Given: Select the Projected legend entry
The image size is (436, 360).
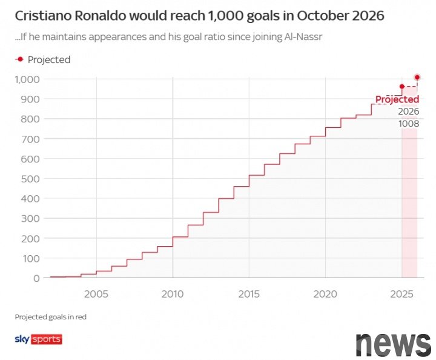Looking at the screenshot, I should coord(43,59).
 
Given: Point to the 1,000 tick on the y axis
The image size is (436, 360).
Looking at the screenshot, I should coord(27,79).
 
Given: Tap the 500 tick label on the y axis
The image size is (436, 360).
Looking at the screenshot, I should coord(31,179).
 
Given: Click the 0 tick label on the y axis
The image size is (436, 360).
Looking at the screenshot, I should coord(36,278).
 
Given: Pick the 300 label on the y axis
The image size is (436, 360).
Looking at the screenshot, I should coord(31,218).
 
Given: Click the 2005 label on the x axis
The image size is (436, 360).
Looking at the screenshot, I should coord(96,294).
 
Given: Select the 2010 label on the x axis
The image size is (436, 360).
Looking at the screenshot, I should coord(173,294).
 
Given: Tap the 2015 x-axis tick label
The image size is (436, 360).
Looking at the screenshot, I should coord(249,294).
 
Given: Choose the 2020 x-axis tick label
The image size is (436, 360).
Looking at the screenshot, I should coord(325,294).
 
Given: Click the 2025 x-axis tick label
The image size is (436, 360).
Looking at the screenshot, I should coord(401,294).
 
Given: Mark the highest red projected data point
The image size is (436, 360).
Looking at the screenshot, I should coord(417,78).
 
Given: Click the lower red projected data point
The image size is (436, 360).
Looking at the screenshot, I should coord(401,87).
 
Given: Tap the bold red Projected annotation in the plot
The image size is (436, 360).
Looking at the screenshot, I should coord(397,99).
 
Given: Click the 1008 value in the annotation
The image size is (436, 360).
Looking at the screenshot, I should coord(408,124).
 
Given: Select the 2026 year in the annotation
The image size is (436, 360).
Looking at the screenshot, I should coord(408,112).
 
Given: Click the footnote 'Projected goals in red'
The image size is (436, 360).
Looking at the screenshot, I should coord(51,317).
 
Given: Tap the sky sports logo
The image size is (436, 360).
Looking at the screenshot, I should coord(38,339).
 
